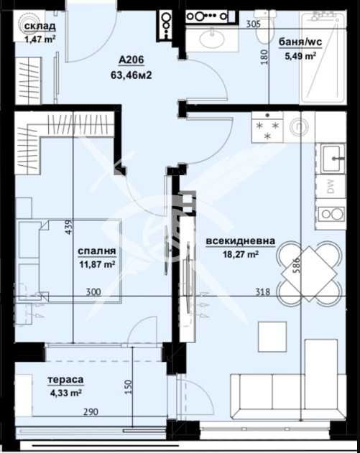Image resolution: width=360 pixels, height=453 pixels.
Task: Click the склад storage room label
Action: tap(40, 26)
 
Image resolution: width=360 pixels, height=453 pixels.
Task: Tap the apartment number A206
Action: tap(131, 60)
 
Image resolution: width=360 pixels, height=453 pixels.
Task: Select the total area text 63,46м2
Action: tap(131, 75)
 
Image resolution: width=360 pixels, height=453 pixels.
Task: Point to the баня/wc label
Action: tap(300, 42)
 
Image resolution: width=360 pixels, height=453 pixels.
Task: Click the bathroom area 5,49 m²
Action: tap(300, 55)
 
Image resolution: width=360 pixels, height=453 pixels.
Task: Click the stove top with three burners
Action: tap(267, 127)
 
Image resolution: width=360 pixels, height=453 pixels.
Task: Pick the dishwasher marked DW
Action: tap(331, 186)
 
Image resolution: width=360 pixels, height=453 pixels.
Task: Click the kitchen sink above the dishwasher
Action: tap(333, 159)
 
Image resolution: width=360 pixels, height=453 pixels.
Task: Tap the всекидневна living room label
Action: tap(240, 241)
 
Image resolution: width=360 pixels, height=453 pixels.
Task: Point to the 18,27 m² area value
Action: tap(240, 254)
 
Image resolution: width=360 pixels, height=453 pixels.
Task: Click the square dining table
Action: tap(309, 274)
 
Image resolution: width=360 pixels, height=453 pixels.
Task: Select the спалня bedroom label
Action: tap(97, 251)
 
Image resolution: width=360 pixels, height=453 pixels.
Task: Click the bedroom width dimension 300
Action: tap(93, 291)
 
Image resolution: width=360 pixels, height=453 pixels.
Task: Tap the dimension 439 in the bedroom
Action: tap(69, 227)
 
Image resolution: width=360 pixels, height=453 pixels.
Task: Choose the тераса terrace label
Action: tap(65, 380)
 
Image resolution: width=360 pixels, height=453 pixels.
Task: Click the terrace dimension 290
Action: tap(91, 411)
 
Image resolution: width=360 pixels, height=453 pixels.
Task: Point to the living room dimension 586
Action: tap(297, 265)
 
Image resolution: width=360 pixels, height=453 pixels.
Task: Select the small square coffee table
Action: tap(272, 337)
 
